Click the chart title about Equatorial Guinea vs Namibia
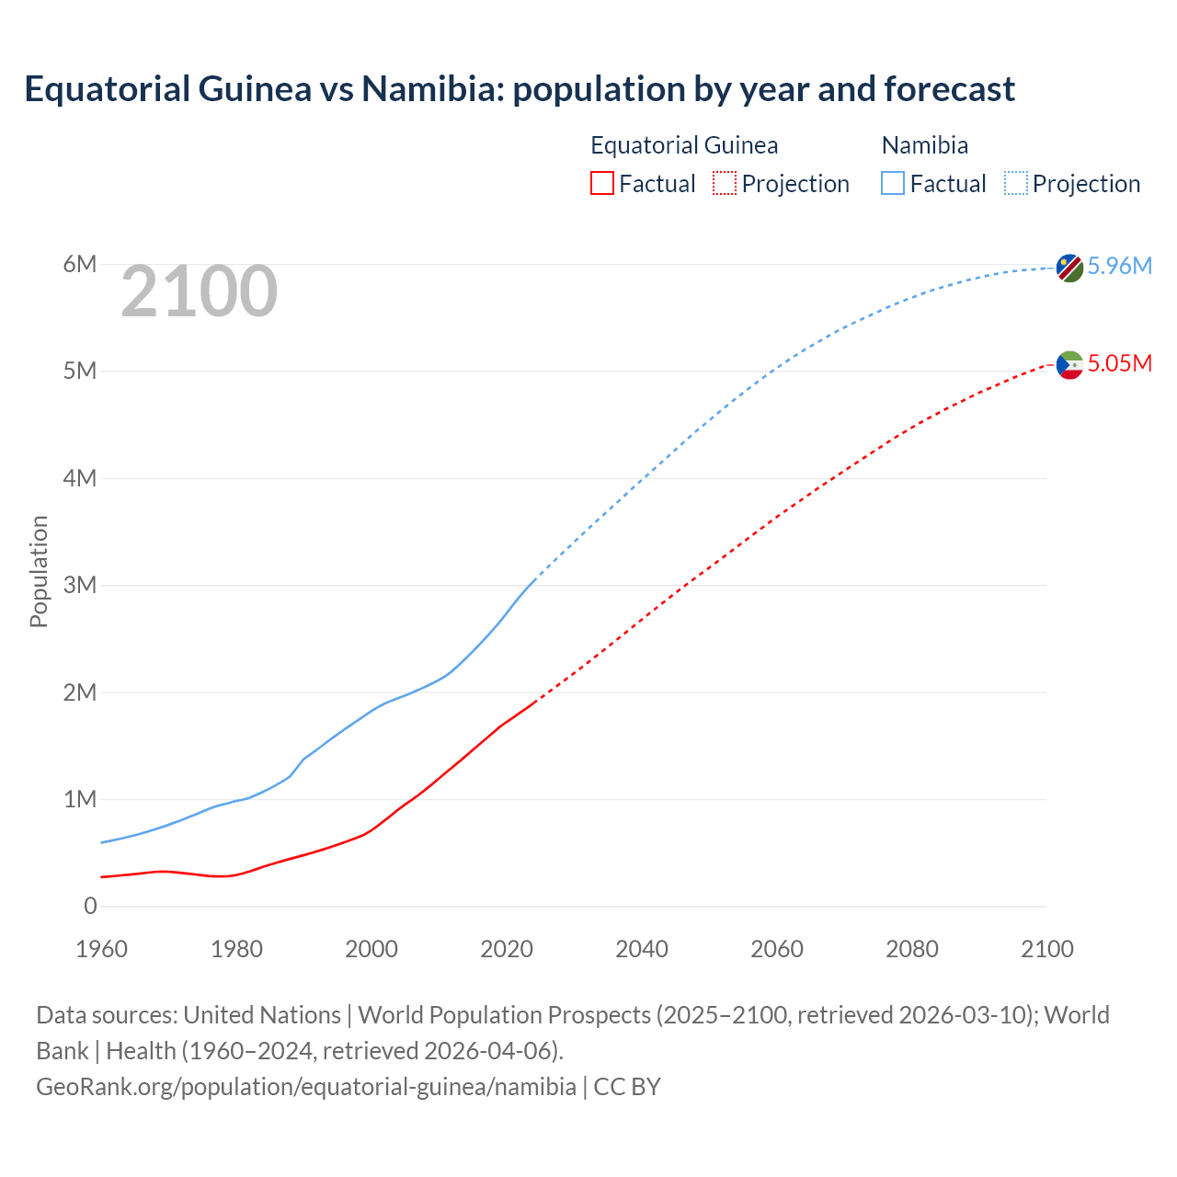(x=520, y=89)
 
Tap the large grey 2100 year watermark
(x=199, y=291)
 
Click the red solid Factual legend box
(x=601, y=183)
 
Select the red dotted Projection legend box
(x=724, y=183)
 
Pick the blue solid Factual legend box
(x=892, y=183)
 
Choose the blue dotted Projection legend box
(x=1015, y=183)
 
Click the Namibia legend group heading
(x=924, y=145)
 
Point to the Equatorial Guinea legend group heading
(x=684, y=145)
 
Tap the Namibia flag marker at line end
(x=1068, y=268)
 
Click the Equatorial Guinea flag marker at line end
(x=1068, y=365)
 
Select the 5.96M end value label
(x=1119, y=266)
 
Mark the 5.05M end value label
(x=1119, y=363)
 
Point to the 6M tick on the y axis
(x=80, y=265)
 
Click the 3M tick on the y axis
(x=80, y=585)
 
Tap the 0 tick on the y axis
(x=90, y=906)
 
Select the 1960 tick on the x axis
(x=101, y=949)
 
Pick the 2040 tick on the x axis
(x=642, y=949)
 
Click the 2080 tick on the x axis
(x=911, y=949)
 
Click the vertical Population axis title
(x=39, y=571)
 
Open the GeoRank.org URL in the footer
(x=306, y=1086)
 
